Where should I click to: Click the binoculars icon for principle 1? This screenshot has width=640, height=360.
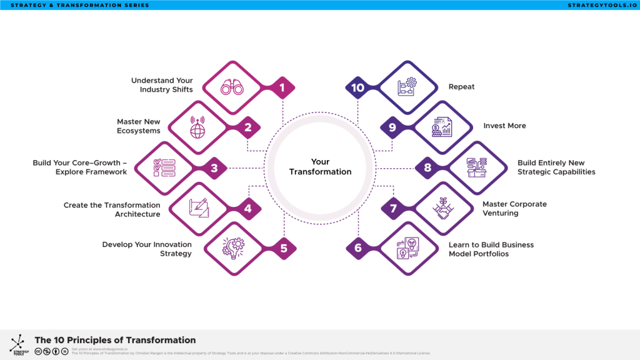(x=232, y=87)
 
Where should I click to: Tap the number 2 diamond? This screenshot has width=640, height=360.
(x=248, y=128)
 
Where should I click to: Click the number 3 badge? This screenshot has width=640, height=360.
(x=214, y=167)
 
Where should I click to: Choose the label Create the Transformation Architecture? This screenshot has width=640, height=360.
(x=112, y=209)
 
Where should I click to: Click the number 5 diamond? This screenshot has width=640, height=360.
(x=283, y=248)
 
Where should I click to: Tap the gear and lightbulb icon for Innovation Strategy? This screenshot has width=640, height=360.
(x=232, y=248)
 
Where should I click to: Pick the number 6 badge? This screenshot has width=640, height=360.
(x=358, y=248)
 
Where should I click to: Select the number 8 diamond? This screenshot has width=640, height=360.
(x=427, y=167)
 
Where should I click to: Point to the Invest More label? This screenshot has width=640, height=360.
(x=504, y=126)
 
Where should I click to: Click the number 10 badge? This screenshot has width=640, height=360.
(x=358, y=88)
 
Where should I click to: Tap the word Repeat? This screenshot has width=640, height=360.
(x=461, y=87)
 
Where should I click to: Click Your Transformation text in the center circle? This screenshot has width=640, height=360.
(x=320, y=167)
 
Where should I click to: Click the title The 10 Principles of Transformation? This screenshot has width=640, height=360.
(x=115, y=340)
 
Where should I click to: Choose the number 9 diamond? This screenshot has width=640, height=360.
(x=392, y=127)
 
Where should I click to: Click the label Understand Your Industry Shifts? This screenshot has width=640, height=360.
(x=162, y=85)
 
